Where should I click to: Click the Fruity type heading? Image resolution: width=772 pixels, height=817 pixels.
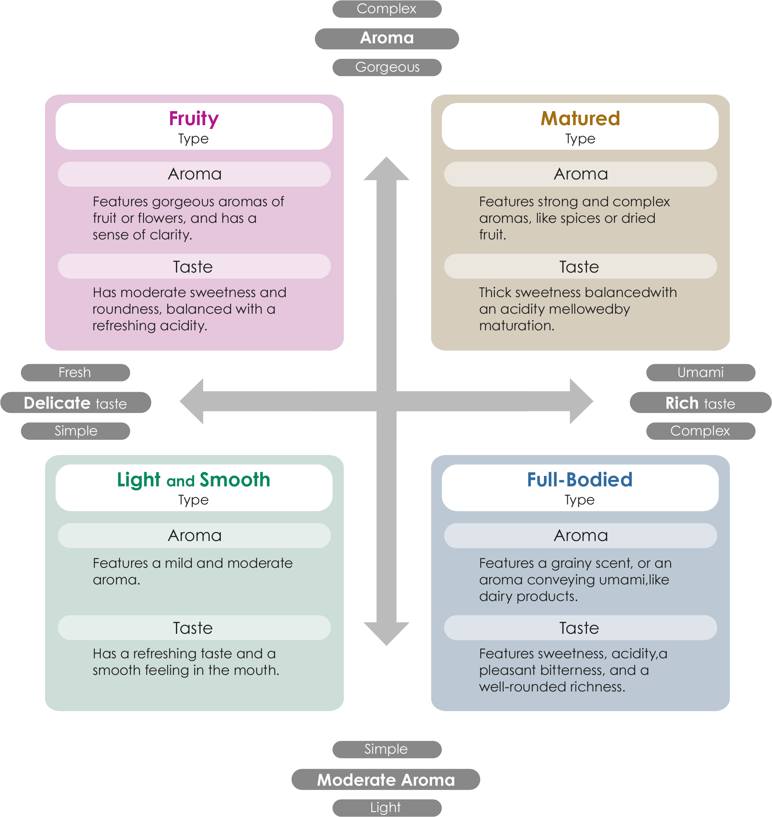[193, 118]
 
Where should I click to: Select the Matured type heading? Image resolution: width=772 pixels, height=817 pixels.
[580, 118]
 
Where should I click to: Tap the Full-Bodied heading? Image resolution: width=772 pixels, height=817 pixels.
[579, 480]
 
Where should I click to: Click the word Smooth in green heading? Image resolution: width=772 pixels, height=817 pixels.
[234, 480]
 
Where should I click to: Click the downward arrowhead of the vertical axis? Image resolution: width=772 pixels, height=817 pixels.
[386, 634]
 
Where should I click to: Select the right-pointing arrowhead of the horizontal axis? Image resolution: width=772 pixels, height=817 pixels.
[581, 401]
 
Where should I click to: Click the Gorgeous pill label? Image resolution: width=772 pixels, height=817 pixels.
[387, 67]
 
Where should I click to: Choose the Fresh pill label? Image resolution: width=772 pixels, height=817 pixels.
[75, 372]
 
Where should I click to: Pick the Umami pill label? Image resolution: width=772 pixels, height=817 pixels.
[700, 372]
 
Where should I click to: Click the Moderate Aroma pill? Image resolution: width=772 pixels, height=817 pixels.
[386, 780]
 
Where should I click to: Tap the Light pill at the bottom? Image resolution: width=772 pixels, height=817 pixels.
[386, 808]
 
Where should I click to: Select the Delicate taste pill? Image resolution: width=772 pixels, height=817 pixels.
[76, 403]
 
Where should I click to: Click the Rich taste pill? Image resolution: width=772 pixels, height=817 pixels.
[700, 403]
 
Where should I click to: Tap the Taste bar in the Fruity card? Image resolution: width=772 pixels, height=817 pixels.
[194, 266]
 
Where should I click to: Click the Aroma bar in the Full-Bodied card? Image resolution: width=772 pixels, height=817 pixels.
[580, 535]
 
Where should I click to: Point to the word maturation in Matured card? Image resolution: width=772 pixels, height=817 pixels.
[516, 326]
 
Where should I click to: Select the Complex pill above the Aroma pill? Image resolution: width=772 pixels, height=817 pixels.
[387, 9]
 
